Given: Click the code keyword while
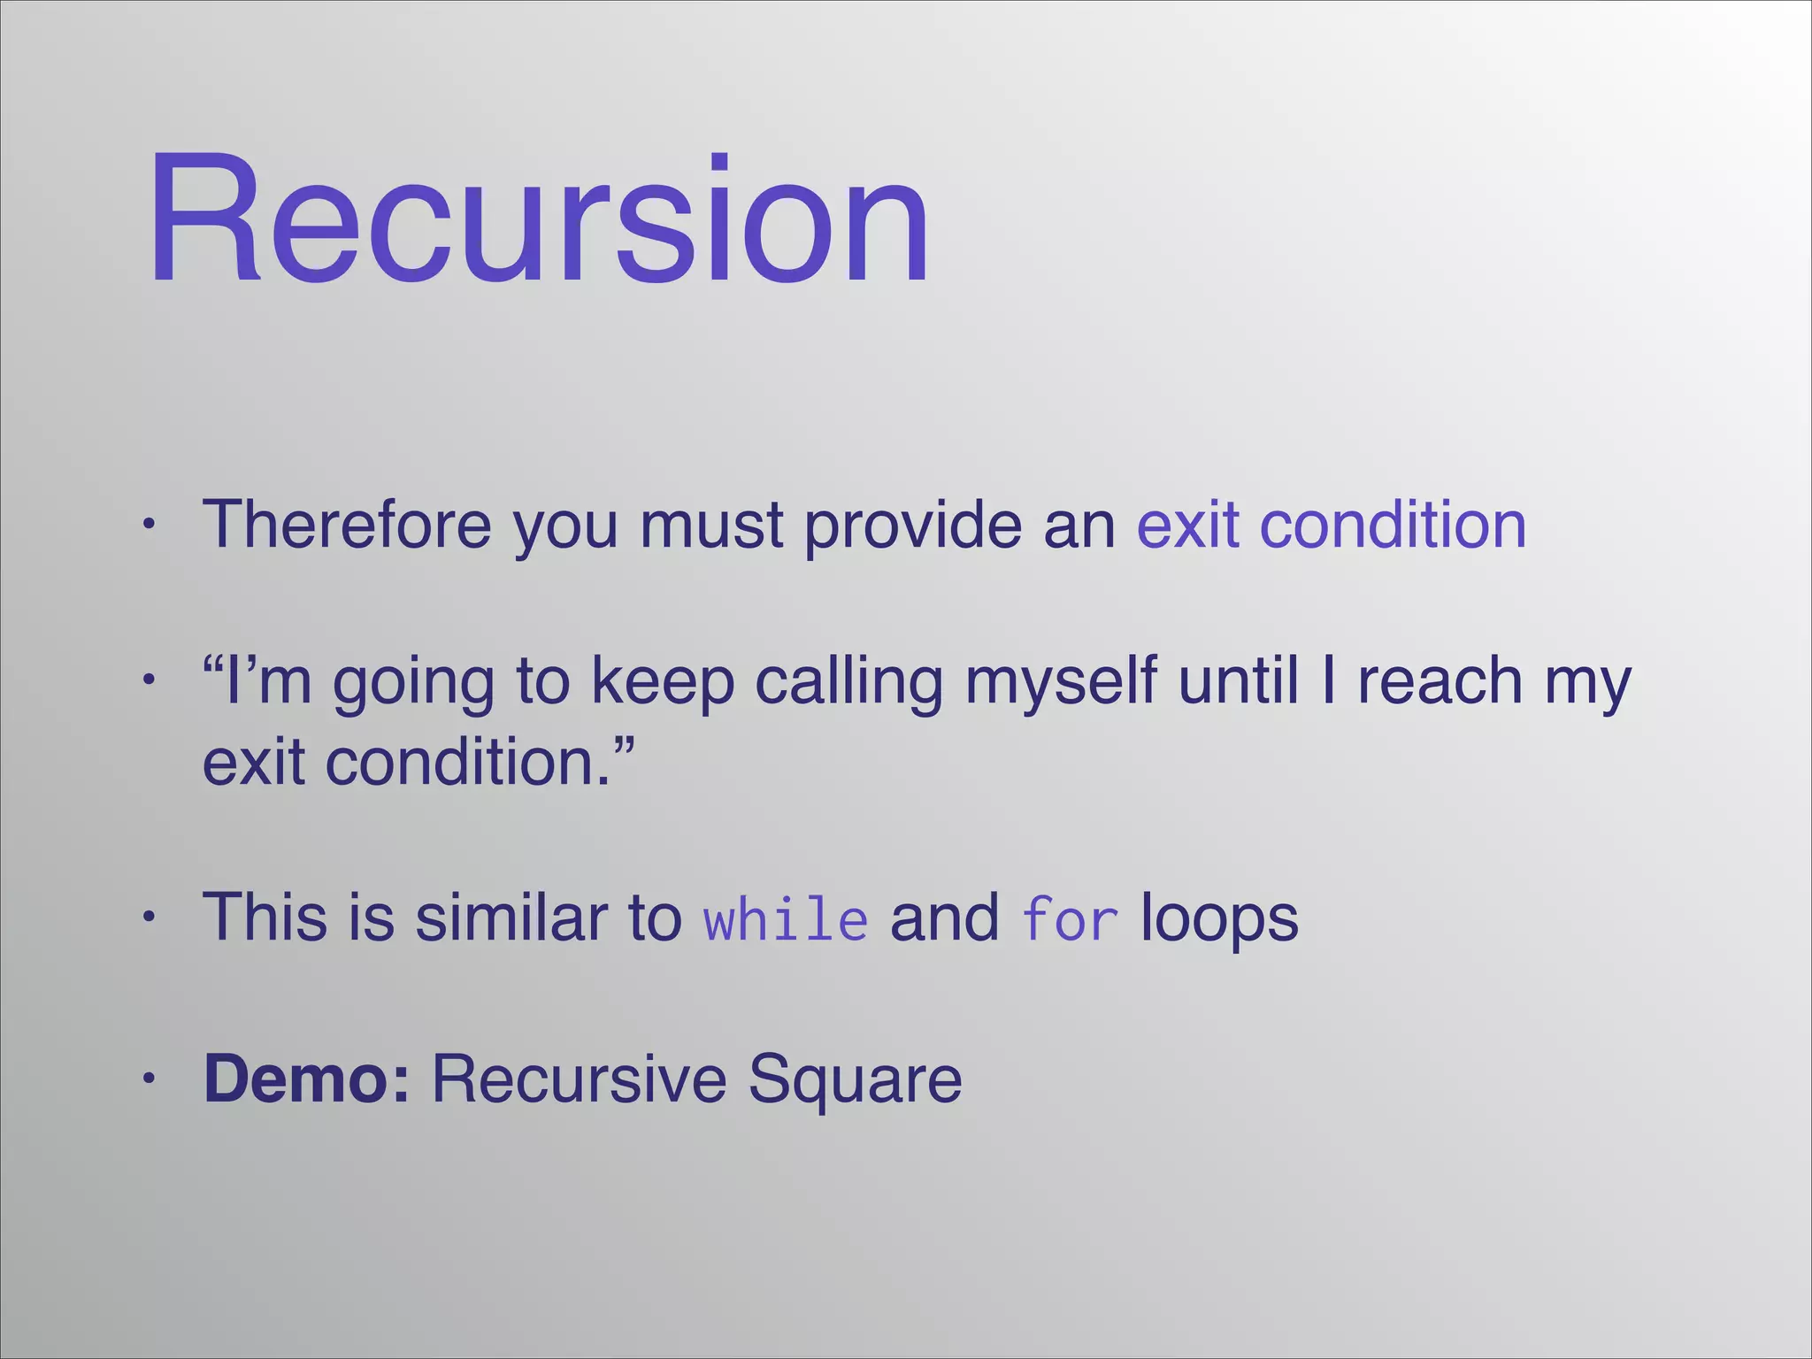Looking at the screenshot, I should coord(786,919).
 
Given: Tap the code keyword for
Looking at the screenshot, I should coord(1070,919).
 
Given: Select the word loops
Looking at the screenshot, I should coord(1219,919).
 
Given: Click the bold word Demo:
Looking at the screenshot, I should coord(307,1079).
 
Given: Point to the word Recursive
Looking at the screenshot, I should coord(579,1079).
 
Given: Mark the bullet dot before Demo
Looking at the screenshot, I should coord(150,1079).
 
